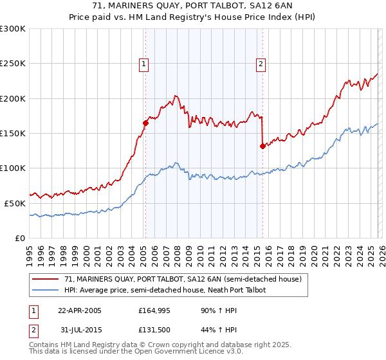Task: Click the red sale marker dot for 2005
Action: [x=146, y=123]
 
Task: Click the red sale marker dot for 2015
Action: [x=262, y=146]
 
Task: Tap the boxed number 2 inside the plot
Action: [x=261, y=64]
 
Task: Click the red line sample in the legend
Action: [x=46, y=279]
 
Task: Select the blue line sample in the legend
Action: [x=46, y=290]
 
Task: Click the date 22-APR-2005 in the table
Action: [x=80, y=310]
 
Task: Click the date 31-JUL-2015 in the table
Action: [x=80, y=331]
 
